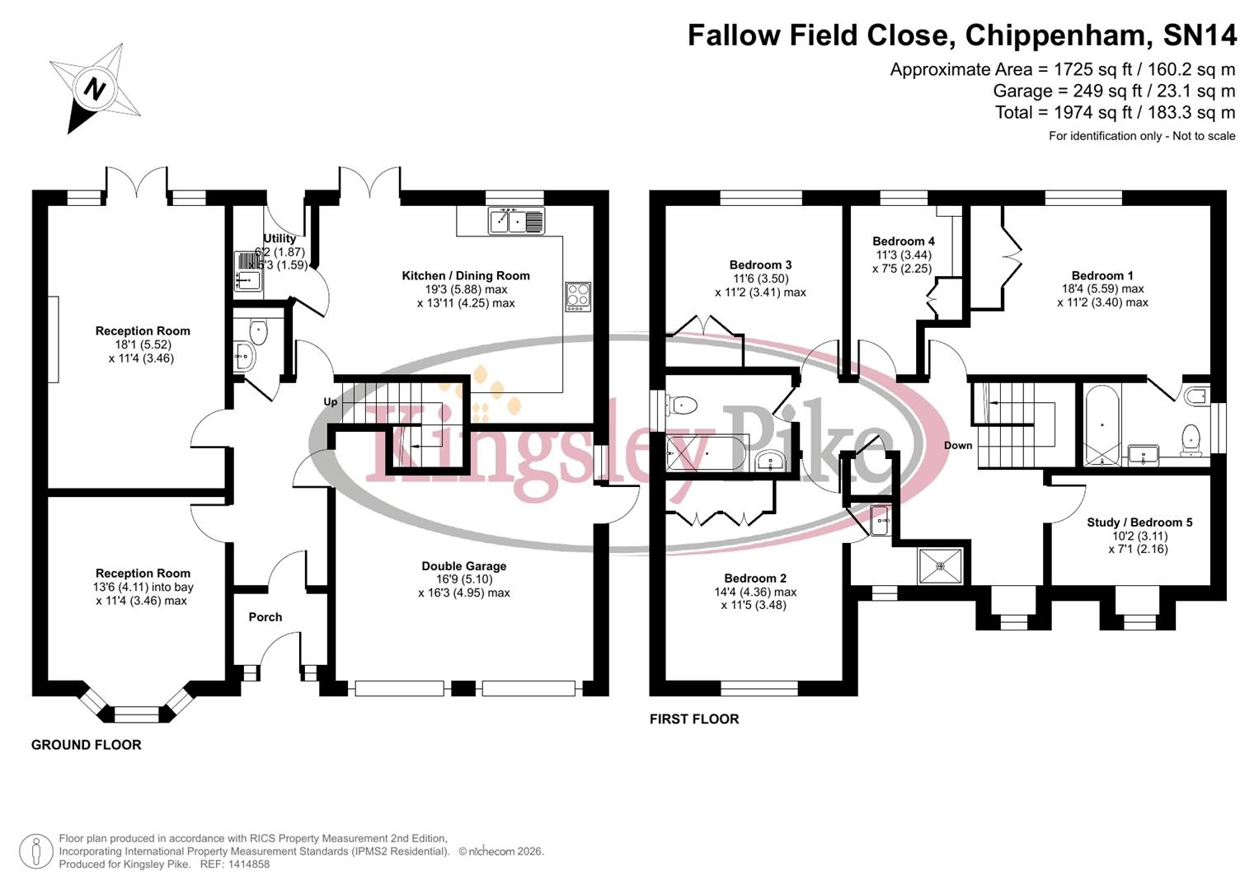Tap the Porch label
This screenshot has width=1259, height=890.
click(265, 616)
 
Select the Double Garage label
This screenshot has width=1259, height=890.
click(463, 566)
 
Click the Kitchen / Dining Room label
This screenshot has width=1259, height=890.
click(465, 276)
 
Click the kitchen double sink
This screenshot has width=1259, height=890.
click(516, 221)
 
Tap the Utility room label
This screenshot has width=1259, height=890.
click(280, 238)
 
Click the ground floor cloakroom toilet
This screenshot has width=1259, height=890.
click(259, 331)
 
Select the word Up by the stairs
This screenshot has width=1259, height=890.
click(331, 402)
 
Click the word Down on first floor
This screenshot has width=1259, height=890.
click(958, 445)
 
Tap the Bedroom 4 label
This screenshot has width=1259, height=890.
click(904, 241)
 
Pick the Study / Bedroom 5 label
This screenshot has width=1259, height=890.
click(1139, 522)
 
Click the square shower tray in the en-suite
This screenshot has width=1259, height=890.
click(941, 566)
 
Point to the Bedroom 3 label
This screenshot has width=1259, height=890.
click(760, 265)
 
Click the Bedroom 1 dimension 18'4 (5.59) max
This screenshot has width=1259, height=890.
click(1102, 289)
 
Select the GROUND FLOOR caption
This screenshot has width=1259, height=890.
click(86, 745)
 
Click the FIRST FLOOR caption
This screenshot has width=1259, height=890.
click(694, 719)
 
